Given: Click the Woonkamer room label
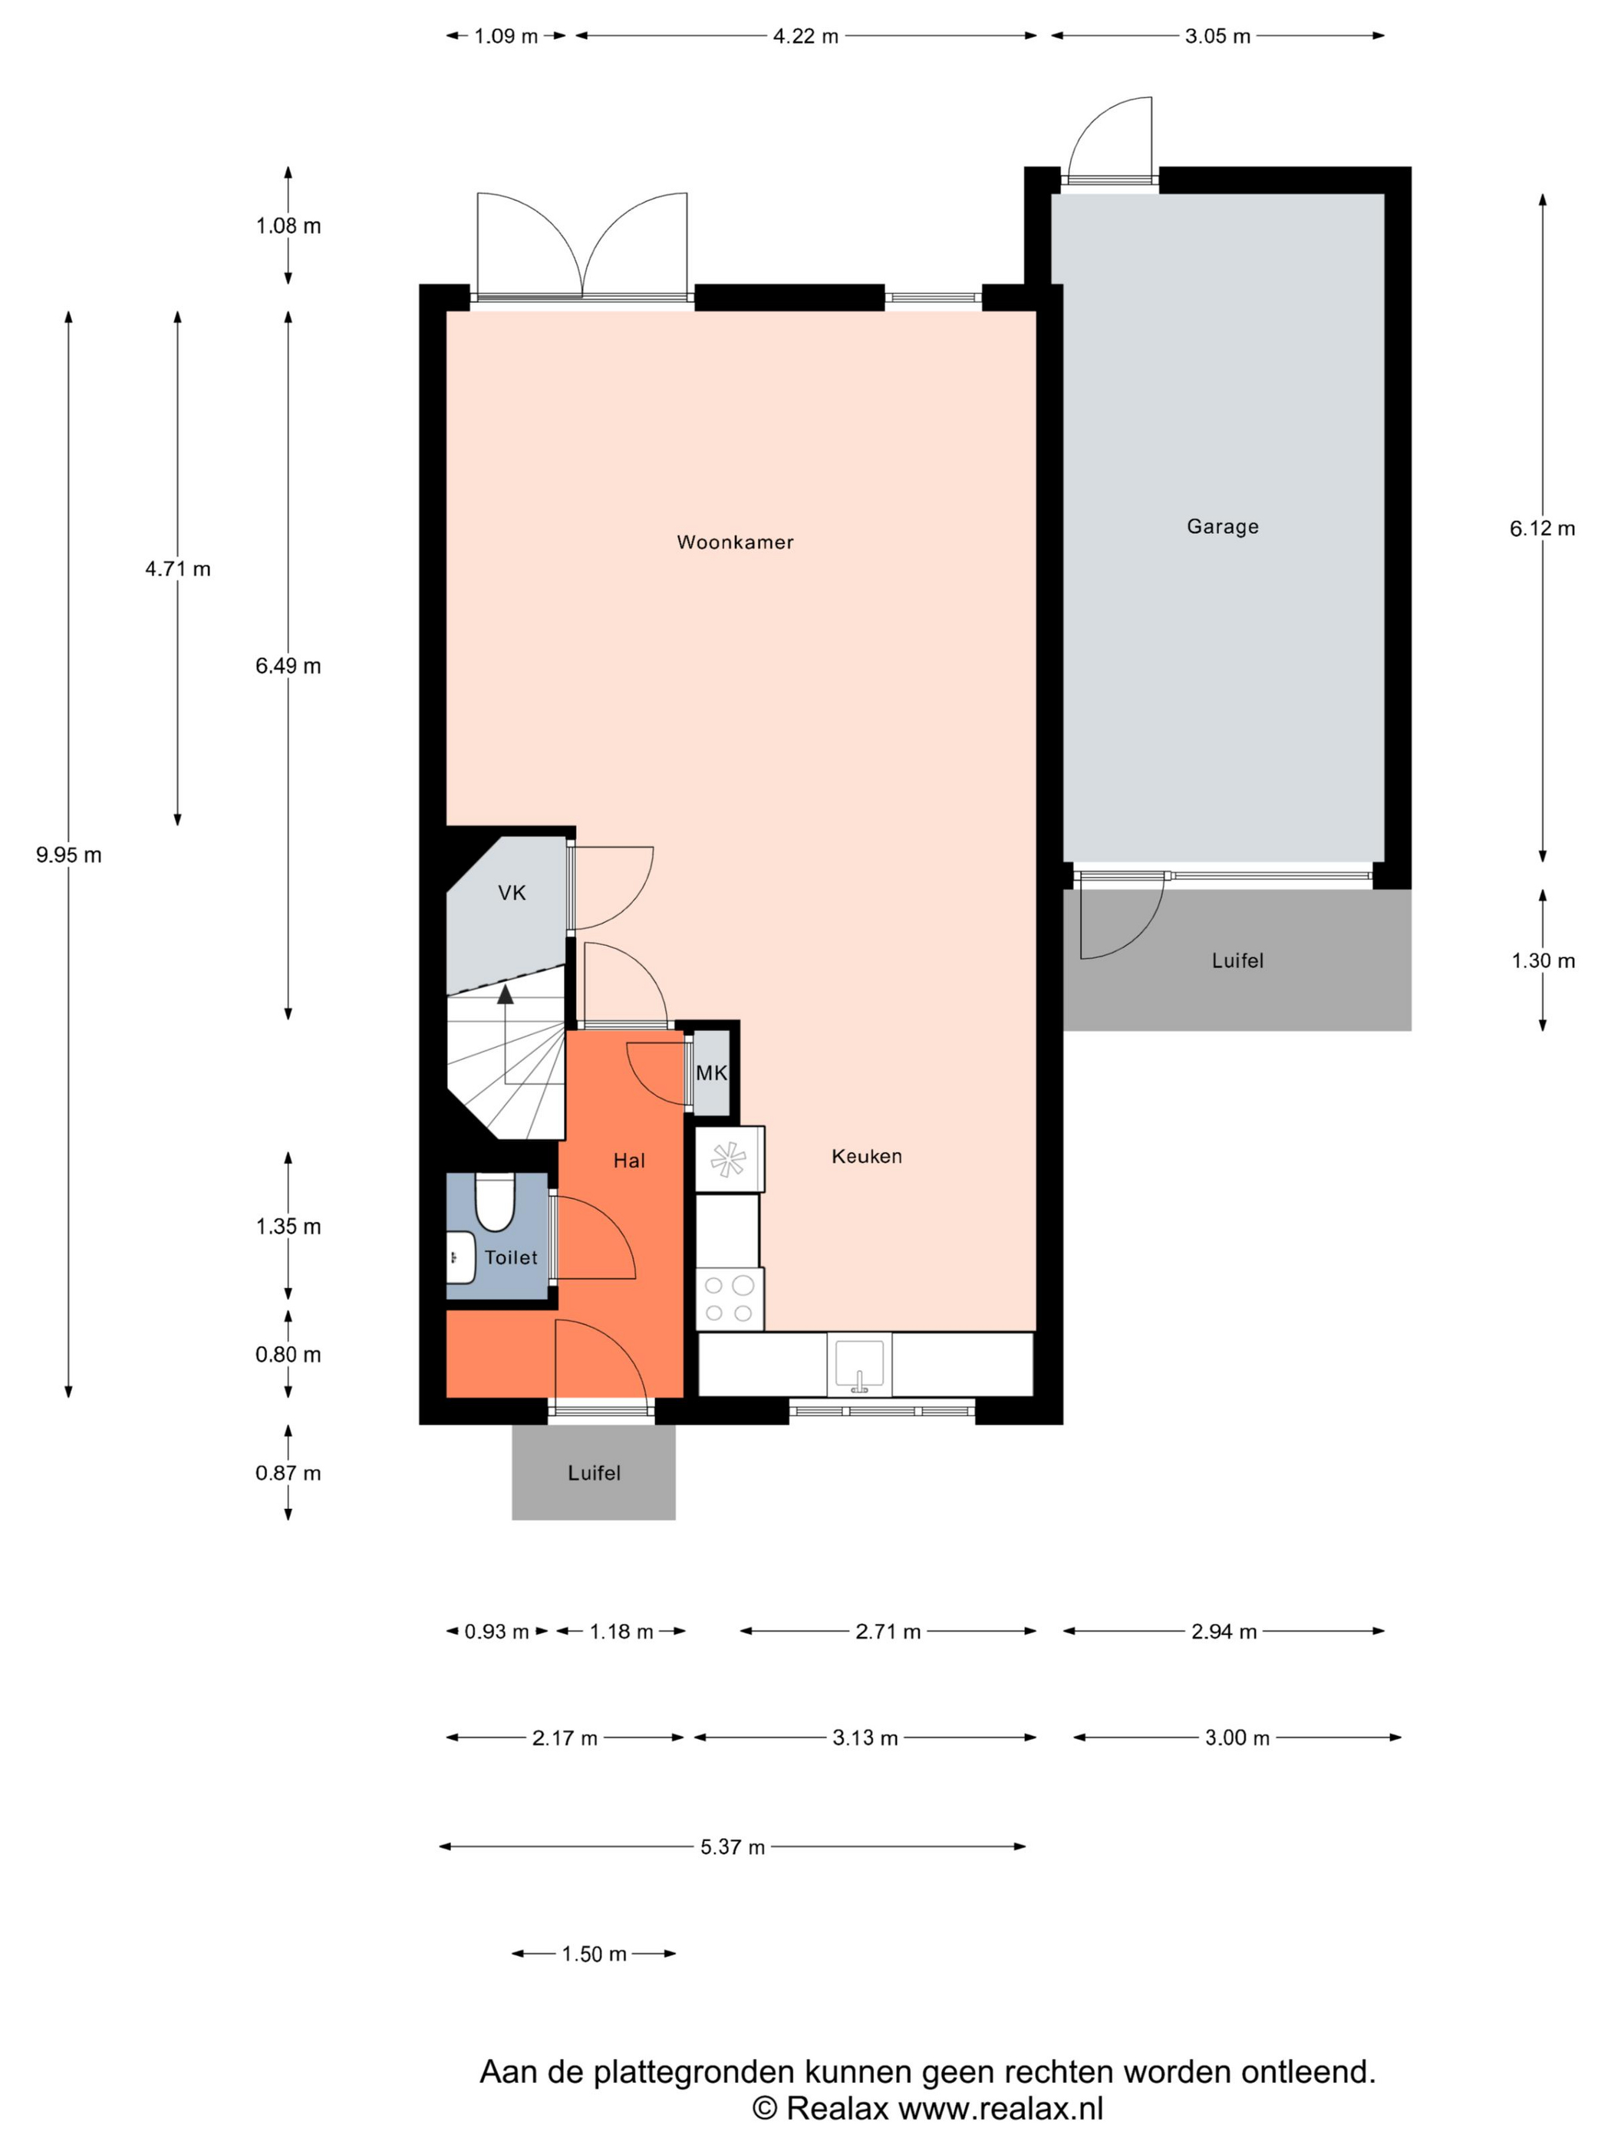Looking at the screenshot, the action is [735, 542].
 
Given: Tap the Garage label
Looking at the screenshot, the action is [1223, 526].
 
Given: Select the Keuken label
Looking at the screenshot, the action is [866, 1155].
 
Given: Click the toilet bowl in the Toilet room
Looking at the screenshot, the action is [494, 1202].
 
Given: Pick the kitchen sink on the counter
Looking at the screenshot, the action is [859, 1364].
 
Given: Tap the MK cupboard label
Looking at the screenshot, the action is [712, 1073].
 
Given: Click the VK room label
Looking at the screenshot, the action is [512, 892].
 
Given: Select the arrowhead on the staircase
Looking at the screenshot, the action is [505, 993].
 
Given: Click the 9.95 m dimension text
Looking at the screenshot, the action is [69, 855].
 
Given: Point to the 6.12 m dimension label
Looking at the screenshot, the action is [1542, 529].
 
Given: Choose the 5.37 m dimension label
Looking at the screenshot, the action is [732, 1846].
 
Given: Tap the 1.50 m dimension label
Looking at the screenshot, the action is [595, 1953].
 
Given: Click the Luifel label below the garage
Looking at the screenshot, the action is [1237, 960].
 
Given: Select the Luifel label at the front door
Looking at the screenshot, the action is [593, 1472].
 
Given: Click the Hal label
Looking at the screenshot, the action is [629, 1161].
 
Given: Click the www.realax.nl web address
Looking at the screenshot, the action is [1000, 2107].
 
